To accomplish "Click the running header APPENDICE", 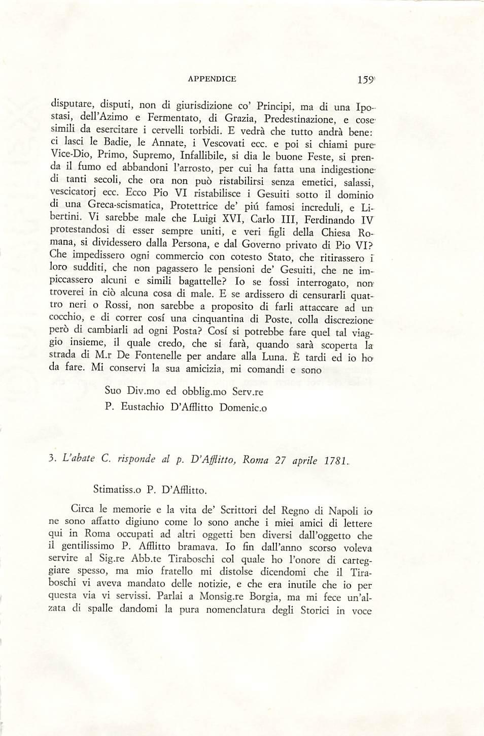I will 212,79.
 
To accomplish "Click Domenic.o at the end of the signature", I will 243,407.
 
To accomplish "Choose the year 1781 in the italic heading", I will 335,461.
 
